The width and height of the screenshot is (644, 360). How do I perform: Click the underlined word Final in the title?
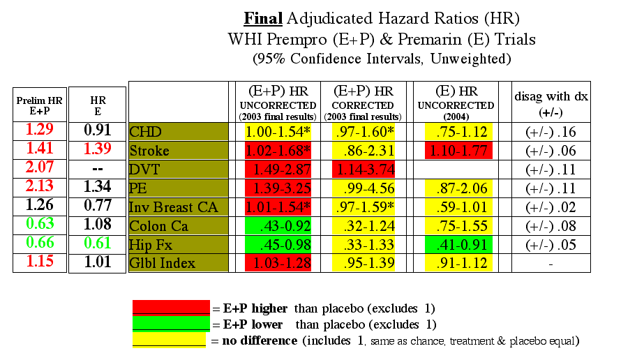[x=263, y=18]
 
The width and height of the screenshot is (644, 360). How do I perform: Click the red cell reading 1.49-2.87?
[x=278, y=169]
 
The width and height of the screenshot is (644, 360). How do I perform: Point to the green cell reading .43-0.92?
[x=278, y=226]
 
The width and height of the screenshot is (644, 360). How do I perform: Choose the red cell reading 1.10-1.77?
[x=458, y=151]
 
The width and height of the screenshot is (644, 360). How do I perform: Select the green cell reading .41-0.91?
[x=458, y=245]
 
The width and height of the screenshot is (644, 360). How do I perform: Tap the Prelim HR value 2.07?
[x=40, y=167]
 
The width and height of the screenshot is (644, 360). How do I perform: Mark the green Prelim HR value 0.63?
[x=40, y=223]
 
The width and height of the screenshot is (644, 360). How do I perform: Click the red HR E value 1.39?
[x=98, y=148]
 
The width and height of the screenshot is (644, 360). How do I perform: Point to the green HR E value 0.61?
[x=98, y=243]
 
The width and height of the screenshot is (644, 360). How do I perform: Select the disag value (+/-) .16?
[x=551, y=132]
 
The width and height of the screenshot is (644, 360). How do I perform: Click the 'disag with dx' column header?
[x=551, y=104]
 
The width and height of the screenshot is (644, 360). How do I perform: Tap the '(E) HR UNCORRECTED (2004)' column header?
[x=456, y=103]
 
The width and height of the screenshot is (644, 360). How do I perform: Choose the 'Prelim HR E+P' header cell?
[x=40, y=105]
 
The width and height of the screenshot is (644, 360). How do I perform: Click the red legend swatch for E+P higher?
[x=171, y=308]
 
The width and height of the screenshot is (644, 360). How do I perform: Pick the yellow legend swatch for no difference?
[x=169, y=340]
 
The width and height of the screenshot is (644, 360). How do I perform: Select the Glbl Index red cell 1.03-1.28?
[x=278, y=263]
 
